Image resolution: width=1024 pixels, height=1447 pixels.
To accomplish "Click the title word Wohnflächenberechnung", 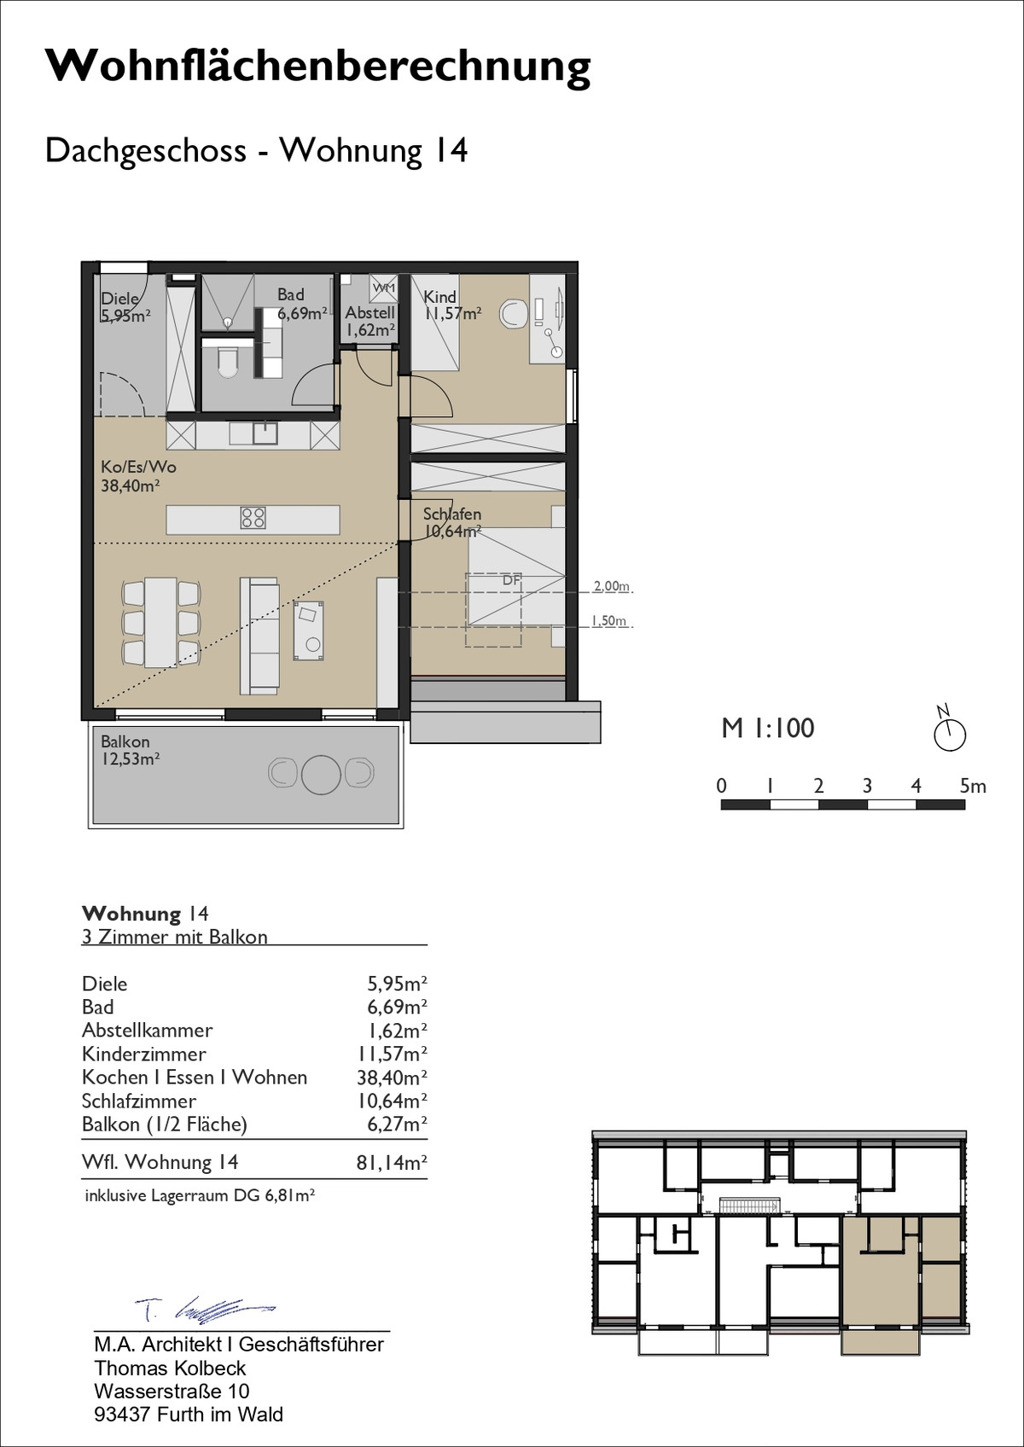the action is point(317,66).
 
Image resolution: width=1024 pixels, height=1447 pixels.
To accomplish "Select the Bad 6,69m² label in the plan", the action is point(302,305).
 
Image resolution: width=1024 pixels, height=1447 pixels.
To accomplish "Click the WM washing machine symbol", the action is point(383,288).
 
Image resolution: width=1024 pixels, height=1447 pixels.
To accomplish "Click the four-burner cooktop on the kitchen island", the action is point(253,518).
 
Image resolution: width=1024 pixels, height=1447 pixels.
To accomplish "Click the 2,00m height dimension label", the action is point(611,586).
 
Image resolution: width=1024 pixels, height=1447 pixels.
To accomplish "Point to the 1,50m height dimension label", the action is point(609,621).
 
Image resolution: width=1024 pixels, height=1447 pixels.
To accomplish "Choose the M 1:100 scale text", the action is point(768,728).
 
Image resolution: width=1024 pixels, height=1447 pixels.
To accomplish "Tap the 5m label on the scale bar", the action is point(973,786).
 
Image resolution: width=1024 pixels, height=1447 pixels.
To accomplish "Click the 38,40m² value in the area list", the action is point(393,1077).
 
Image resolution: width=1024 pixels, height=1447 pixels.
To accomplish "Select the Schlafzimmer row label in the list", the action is point(139,1101).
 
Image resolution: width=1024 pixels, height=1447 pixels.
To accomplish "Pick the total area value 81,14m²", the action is point(393,1163).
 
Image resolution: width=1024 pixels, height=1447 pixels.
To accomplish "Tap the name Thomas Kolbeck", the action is point(170,1368).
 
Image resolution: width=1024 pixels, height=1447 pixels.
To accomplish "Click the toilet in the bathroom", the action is point(227,362).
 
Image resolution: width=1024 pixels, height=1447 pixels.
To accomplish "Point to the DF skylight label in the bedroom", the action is point(511,580).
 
